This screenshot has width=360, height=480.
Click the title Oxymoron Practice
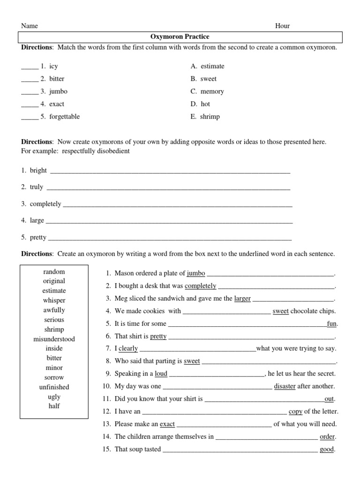pos(180,37)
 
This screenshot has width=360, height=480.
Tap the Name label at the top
pos(30,26)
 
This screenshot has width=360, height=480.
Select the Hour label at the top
pos(282,26)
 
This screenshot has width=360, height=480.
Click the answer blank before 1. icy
pos(29,67)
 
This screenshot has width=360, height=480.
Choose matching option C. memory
pos(207,91)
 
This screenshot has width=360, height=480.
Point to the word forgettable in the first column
pos(64,117)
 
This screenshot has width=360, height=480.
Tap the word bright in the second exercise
pos(38,170)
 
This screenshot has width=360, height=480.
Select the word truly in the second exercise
pos(37,187)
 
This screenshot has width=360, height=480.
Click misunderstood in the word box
pos(54,339)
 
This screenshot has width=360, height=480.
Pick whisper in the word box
pos(54,300)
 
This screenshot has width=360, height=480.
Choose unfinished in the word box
pos(54,387)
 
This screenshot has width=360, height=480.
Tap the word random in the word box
pos(54,272)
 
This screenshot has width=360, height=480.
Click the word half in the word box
pos(54,406)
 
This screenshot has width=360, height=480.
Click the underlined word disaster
pos(285,386)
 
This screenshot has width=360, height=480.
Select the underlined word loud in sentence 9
pos(161,374)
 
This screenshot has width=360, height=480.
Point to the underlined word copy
pos(295,412)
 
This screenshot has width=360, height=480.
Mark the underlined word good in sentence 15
pos(327,450)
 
